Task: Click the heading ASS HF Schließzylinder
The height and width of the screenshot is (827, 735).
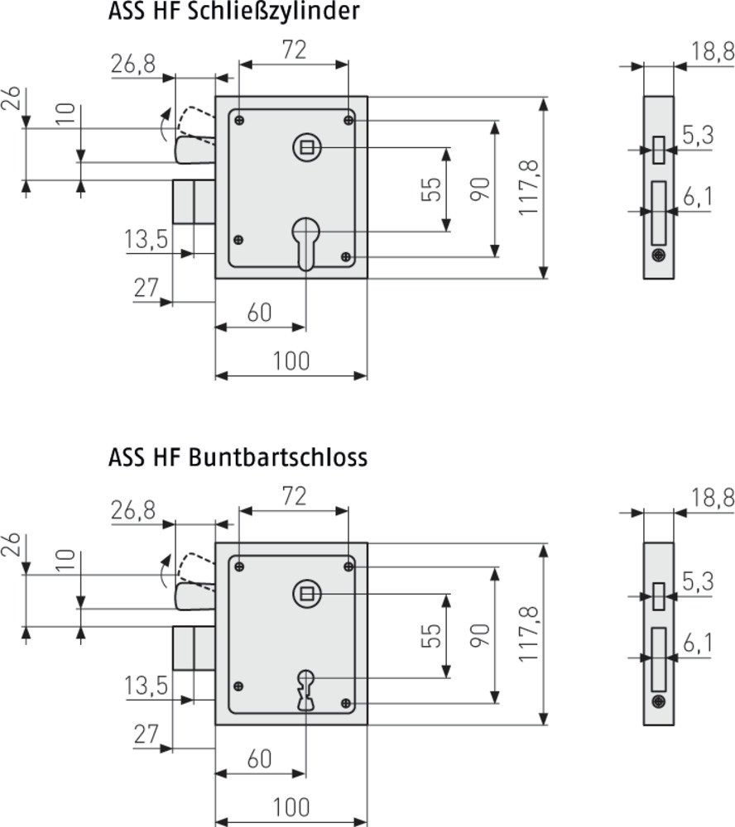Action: (x=234, y=13)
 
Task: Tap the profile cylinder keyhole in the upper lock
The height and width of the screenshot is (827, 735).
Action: (x=305, y=241)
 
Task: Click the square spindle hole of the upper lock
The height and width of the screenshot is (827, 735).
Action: (x=305, y=148)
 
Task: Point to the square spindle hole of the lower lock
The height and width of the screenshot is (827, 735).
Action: (x=305, y=593)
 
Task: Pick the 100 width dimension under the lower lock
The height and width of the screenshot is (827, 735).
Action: (x=291, y=805)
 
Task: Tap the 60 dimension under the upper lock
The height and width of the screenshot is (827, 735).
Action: (x=260, y=313)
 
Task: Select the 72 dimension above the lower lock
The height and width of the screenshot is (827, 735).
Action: (x=293, y=496)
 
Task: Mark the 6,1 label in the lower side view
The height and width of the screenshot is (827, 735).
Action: (x=697, y=643)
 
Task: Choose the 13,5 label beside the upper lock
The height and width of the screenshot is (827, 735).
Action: (x=147, y=240)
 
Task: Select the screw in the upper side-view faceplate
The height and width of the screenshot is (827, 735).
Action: (x=659, y=256)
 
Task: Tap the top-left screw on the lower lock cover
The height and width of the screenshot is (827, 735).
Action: (x=239, y=566)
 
